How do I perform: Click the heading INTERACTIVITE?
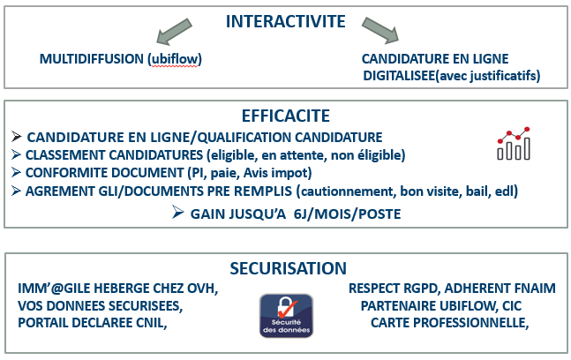click(286, 21)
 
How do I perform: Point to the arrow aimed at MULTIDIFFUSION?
click(174, 32)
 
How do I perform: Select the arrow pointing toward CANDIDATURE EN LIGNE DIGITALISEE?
click(380, 30)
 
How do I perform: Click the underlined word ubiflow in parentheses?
click(175, 59)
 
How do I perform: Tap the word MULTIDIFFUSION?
click(92, 59)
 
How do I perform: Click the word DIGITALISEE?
click(399, 76)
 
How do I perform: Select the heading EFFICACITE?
click(286, 116)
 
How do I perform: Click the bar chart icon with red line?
click(514, 144)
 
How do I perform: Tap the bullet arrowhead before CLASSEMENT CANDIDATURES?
click(16, 154)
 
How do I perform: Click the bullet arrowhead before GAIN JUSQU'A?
click(177, 213)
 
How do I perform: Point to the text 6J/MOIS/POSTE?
click(347, 214)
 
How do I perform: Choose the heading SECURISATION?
click(288, 268)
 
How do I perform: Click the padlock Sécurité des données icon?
click(286, 316)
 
